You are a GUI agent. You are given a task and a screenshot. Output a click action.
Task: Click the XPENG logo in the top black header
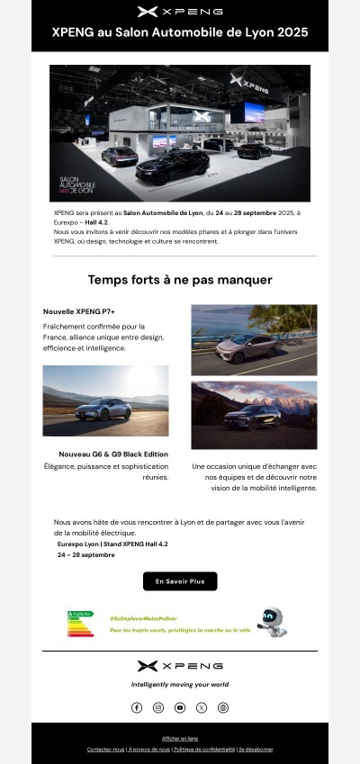[180, 12]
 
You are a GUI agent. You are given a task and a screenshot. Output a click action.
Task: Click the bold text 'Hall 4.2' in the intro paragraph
[96, 222]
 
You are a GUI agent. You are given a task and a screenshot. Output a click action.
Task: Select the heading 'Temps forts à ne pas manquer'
[180, 280]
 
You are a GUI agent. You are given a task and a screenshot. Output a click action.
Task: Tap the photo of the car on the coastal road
[254, 339]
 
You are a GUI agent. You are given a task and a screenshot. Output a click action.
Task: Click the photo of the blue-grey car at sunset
[105, 400]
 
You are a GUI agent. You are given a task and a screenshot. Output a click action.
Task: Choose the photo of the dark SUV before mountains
[254, 415]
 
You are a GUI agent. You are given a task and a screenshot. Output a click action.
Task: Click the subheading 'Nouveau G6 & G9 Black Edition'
[113, 454]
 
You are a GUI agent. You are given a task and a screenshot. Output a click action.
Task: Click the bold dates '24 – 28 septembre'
[86, 555]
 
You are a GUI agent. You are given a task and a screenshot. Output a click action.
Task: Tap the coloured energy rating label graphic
[81, 623]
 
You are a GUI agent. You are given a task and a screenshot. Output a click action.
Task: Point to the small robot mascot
[271, 621]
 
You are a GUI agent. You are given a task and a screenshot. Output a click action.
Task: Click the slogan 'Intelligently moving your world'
[180, 684]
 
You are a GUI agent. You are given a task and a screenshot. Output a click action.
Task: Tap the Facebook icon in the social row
[137, 707]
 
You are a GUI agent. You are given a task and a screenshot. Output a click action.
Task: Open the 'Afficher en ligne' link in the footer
[180, 738]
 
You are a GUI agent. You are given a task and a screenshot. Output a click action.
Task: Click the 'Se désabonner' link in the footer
[256, 749]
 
